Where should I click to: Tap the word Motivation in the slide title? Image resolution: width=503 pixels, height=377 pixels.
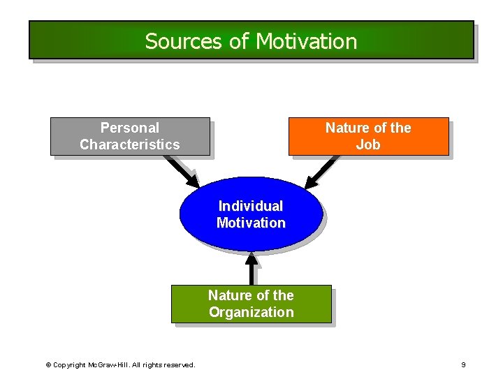[306, 41]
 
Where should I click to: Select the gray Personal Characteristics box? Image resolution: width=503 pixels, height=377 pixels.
[130, 136]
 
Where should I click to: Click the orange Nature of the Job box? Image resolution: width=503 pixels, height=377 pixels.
[368, 136]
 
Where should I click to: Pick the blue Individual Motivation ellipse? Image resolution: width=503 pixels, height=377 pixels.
[251, 214]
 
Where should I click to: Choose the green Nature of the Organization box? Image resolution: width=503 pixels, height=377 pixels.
[251, 304]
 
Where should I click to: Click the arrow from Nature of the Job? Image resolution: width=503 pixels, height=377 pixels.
[323, 172]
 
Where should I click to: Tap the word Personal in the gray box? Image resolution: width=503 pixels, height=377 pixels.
[130, 128]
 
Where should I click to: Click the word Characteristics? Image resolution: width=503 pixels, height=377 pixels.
[130, 145]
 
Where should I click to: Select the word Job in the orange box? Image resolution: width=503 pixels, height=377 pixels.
[368, 145]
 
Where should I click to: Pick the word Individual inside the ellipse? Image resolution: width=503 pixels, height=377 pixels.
[251, 206]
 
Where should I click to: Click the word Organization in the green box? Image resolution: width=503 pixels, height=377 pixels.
[251, 312]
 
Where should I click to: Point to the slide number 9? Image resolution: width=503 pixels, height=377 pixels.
[463, 365]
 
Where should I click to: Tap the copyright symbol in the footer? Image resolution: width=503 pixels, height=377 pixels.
[48, 365]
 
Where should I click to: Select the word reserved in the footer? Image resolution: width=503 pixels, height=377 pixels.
[180, 365]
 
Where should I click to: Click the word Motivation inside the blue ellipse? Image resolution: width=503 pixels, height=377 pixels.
[251, 223]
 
